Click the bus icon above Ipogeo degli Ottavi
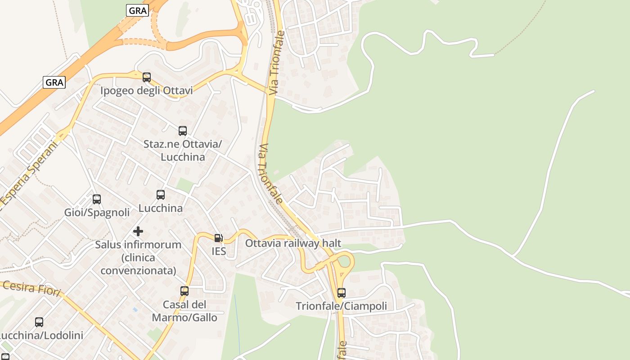(x=147, y=77)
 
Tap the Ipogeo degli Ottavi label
(x=147, y=91)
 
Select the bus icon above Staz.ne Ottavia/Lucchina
(x=183, y=131)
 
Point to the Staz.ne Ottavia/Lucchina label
(x=183, y=151)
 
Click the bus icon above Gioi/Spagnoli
(x=97, y=199)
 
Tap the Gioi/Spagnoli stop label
(x=97, y=212)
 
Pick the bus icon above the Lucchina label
(x=161, y=195)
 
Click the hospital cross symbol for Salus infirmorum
(x=138, y=231)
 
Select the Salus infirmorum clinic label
(x=138, y=257)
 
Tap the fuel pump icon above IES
(x=218, y=238)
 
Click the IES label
(x=219, y=251)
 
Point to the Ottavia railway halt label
(x=293, y=243)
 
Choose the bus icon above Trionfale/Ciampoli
(x=342, y=293)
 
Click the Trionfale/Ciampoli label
(x=342, y=306)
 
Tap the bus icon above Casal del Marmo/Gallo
(x=184, y=291)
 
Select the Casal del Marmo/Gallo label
(x=184, y=311)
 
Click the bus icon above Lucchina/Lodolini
(x=39, y=322)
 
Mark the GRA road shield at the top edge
(x=137, y=11)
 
